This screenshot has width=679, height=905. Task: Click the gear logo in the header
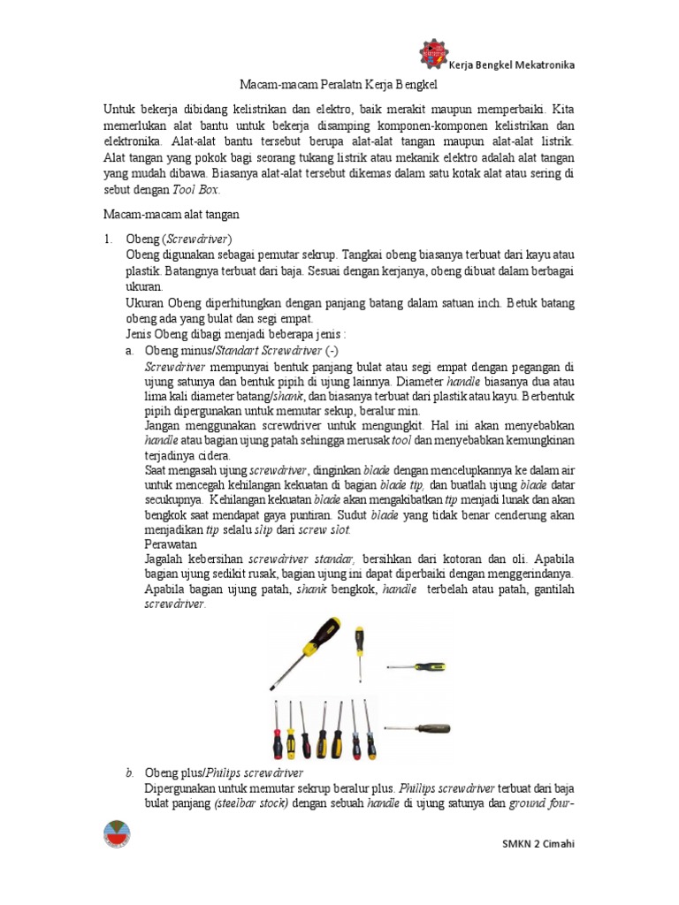coord(433,54)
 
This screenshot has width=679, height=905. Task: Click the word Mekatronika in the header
coord(543,65)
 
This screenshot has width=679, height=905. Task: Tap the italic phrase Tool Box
coord(195,189)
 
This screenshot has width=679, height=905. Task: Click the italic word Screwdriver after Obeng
coord(196,239)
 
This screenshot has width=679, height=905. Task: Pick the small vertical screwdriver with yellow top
coord(358,641)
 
